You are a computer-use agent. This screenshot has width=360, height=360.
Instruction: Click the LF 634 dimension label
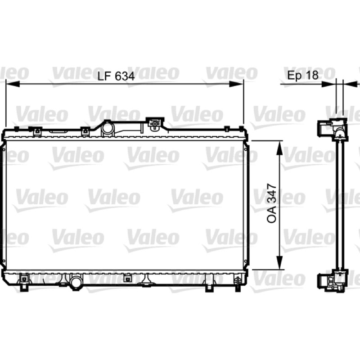pyautogui.click(x=116, y=76)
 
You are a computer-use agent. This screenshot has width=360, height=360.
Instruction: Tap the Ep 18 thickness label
pyautogui.click(x=303, y=75)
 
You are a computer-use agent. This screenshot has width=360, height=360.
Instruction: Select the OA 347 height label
pyautogui.click(x=272, y=203)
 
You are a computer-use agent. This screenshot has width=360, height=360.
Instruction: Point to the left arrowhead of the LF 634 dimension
pyautogui.click(x=13, y=84)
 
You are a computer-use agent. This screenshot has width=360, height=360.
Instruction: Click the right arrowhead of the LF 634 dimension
pyautogui.click(x=236, y=84)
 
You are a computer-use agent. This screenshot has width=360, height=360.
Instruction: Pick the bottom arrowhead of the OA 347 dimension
pyautogui.click(x=279, y=262)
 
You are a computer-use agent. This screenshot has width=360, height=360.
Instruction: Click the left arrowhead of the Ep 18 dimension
pyautogui.click(x=329, y=84)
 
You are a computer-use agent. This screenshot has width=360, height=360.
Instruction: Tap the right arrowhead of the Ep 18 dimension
pyautogui.click(x=350, y=84)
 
